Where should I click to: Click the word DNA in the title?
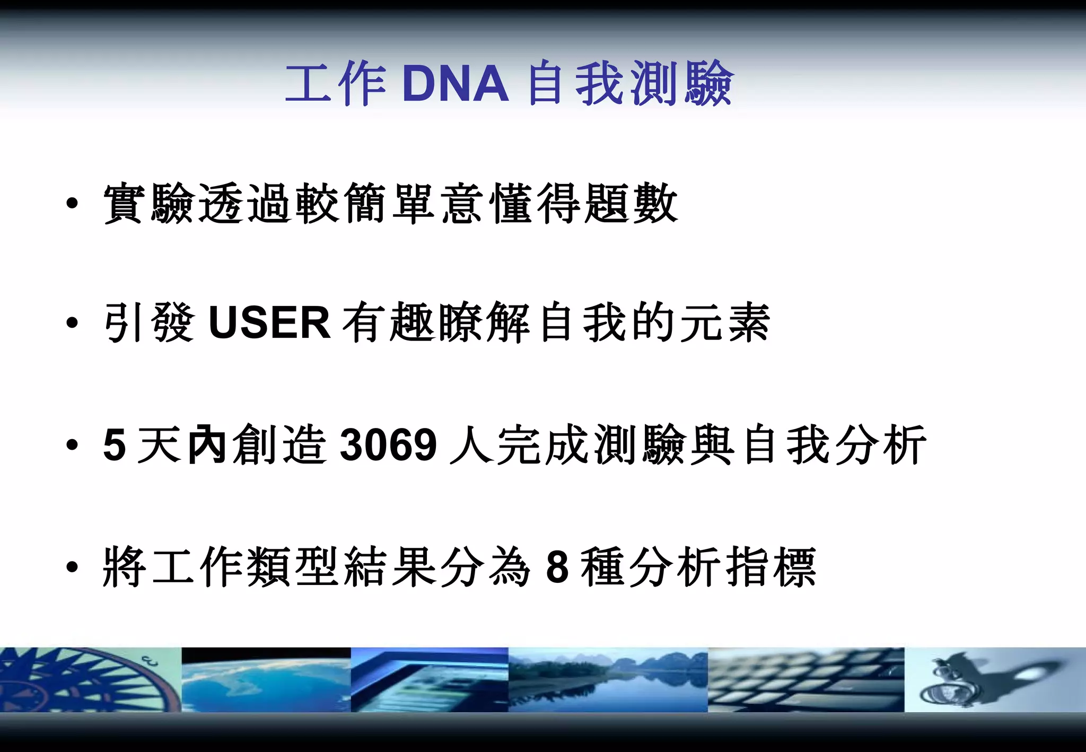click(455, 84)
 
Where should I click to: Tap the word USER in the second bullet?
click(269, 322)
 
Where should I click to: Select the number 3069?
click(388, 444)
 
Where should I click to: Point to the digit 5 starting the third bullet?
click(115, 444)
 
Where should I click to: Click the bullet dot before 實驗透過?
click(73, 204)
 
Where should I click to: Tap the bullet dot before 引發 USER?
click(73, 322)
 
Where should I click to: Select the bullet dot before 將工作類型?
click(73, 567)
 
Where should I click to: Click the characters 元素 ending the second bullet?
click(724, 322)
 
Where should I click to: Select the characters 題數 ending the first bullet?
click(631, 204)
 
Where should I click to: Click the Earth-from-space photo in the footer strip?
click(266, 680)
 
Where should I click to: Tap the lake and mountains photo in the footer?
click(608, 680)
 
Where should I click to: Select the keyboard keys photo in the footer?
click(806, 680)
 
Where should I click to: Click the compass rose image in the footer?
click(90, 680)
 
